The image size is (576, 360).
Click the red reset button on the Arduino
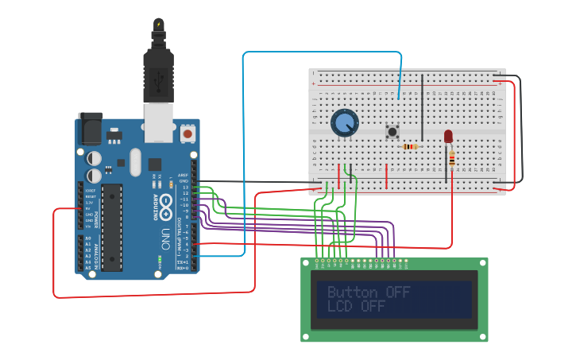[187, 134]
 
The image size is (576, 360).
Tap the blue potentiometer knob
[345, 123]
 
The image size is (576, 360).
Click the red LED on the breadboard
[448, 137]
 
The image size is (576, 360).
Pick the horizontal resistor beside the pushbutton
[410, 147]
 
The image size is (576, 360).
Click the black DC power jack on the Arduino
[89, 129]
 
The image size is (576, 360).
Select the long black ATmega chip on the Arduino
[112, 227]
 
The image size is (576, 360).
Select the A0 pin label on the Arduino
[87, 238]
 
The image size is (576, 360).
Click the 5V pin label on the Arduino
[87, 209]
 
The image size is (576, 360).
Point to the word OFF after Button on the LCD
[398, 292]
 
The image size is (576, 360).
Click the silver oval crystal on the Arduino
[135, 163]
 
